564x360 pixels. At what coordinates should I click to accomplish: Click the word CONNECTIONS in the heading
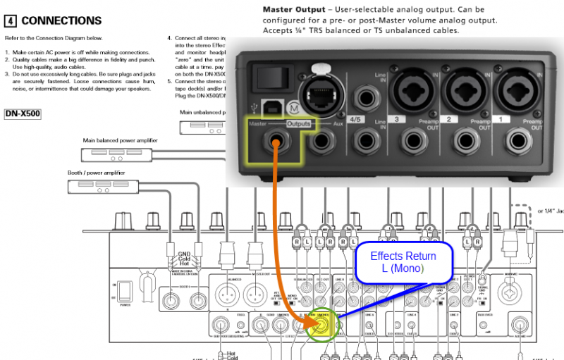click(x=61, y=21)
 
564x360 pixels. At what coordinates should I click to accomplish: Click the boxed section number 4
click(x=11, y=21)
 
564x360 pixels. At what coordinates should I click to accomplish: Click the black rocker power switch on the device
click(x=266, y=76)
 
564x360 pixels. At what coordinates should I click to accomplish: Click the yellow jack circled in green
click(x=321, y=325)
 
